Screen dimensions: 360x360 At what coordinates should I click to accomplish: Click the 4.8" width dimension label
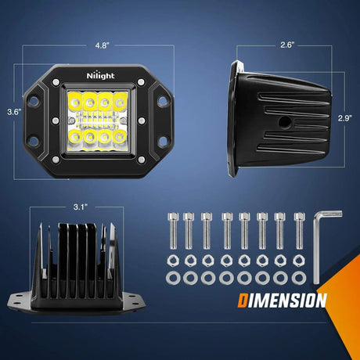click(102, 45)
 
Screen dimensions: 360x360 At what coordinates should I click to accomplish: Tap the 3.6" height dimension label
click(14, 112)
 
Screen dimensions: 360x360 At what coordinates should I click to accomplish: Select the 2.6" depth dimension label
click(287, 45)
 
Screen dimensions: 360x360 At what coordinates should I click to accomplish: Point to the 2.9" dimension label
click(345, 118)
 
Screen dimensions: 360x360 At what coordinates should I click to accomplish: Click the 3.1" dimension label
click(81, 207)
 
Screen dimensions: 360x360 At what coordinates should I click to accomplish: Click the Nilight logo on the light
click(100, 75)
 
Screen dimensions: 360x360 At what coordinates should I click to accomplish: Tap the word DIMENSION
click(283, 301)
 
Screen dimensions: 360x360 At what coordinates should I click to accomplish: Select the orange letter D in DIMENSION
click(243, 301)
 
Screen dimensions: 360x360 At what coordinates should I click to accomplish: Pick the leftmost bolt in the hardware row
click(173, 231)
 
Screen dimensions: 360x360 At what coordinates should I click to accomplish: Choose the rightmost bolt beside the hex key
click(300, 231)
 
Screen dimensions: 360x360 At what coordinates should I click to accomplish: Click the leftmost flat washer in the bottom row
click(173, 278)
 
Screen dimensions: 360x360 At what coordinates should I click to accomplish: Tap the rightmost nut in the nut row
click(299, 261)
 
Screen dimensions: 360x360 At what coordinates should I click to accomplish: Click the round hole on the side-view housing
click(284, 122)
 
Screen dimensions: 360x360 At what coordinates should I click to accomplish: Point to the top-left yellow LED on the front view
click(74, 101)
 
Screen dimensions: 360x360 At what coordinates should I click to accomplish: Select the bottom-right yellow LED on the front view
click(120, 136)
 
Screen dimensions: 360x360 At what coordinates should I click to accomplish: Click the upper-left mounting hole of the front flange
click(34, 100)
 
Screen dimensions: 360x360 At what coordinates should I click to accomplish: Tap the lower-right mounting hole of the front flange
click(163, 141)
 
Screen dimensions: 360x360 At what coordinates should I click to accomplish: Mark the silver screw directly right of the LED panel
click(141, 121)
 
